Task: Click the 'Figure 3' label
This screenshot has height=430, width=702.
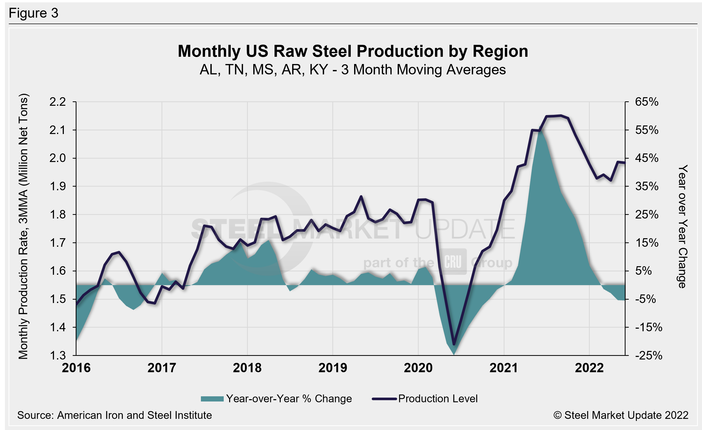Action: coord(33,13)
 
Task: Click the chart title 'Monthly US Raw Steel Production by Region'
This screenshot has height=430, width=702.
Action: coord(353,51)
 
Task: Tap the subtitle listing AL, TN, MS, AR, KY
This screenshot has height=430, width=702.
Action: coord(353,70)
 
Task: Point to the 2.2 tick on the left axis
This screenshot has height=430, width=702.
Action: coord(58,102)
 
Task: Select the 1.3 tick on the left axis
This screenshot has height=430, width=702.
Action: coord(58,355)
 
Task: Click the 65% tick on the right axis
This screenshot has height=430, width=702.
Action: coord(647,102)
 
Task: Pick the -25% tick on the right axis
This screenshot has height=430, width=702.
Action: coord(648,355)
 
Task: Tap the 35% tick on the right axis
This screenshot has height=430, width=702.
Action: coord(647,187)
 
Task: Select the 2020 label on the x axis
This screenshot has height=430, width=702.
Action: coord(418,368)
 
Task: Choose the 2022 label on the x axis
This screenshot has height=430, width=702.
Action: coord(589,368)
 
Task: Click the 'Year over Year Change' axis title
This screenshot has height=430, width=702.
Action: coord(683,226)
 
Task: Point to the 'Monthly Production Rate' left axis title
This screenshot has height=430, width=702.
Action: coord(23,226)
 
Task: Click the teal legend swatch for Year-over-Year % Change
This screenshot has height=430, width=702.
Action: coord(212,399)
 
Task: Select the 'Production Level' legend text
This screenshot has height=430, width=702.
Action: coord(438,399)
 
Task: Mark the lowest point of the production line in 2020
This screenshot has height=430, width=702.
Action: coord(454,344)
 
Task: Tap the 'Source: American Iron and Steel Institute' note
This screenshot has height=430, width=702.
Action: coord(115,415)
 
